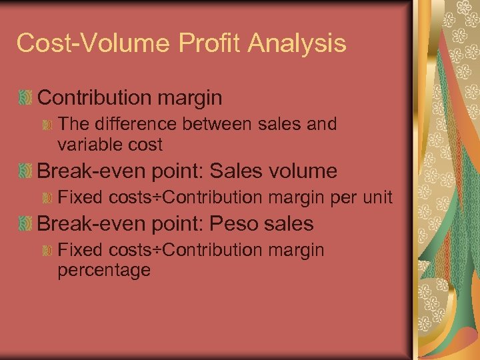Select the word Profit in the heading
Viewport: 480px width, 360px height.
coord(198,43)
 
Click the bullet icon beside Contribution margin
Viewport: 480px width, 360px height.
coord(25,98)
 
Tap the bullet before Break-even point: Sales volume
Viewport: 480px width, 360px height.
coord(25,171)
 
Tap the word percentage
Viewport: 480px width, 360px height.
coord(104,270)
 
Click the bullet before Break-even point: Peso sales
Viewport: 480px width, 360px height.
coord(25,224)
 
